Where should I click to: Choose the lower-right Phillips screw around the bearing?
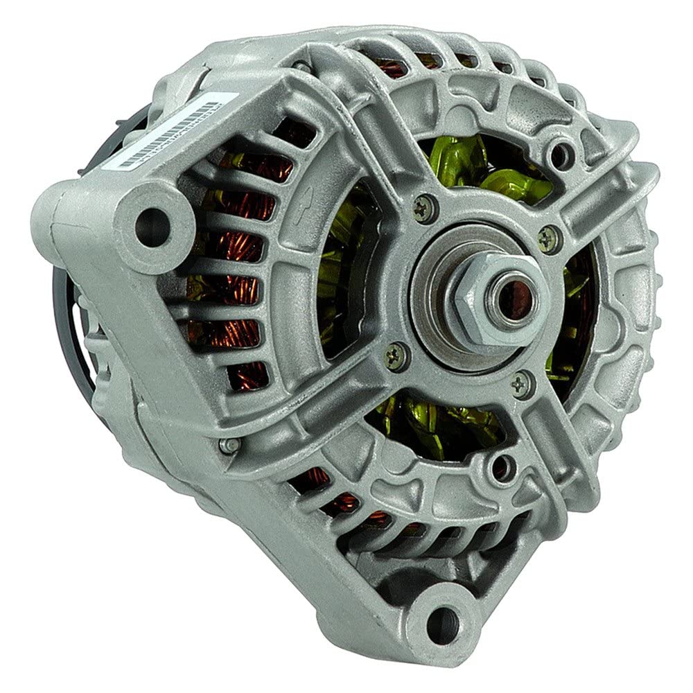522,382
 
